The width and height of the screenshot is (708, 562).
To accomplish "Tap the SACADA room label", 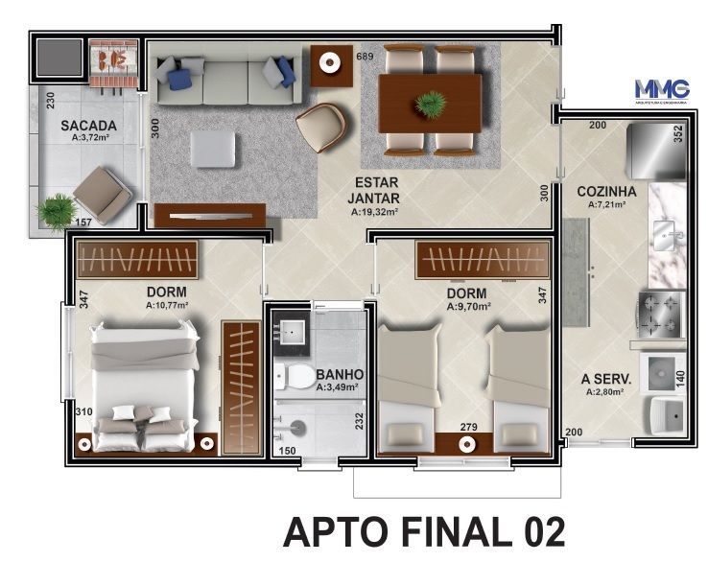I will point(88,125).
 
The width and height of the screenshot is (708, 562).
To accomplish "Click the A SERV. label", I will point(603,378).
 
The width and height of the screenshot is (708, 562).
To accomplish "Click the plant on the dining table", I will point(430,100).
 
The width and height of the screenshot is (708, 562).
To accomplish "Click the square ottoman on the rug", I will point(212,150).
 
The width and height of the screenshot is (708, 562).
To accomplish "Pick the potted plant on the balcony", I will point(59,211).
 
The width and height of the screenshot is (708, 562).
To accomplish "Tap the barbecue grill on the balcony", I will point(116,59).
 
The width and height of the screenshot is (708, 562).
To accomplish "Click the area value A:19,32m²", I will point(373,212).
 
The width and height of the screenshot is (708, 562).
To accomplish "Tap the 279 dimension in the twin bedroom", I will point(467,425).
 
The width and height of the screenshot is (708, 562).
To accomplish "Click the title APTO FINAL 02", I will point(424,531).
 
